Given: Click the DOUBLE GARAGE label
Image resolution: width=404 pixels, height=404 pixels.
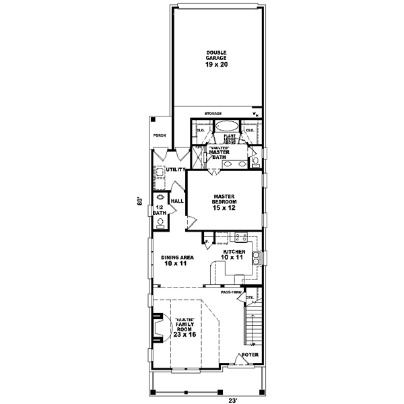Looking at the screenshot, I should (x=217, y=56).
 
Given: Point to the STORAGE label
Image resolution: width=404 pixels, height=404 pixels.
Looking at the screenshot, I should (x=213, y=114).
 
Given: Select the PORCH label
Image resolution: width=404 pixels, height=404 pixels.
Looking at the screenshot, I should (x=160, y=135).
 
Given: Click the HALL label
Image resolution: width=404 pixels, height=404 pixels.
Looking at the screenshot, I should (x=177, y=201).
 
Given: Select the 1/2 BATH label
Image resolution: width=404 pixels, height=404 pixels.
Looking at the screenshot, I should (x=159, y=210).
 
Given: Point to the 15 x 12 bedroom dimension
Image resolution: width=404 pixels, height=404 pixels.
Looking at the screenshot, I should (x=224, y=208).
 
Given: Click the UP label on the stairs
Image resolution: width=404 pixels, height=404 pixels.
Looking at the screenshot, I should (x=253, y=343).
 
